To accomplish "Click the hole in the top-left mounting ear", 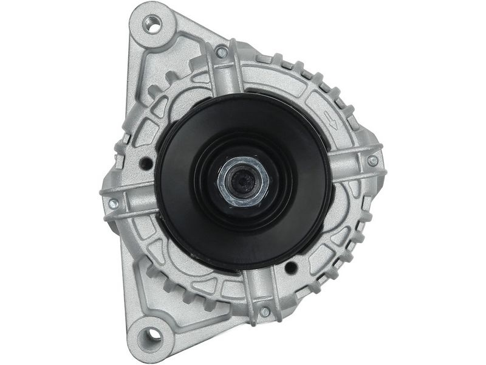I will [x=153, y=25].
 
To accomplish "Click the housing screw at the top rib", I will [x=222, y=52].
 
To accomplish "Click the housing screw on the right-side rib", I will [x=372, y=161].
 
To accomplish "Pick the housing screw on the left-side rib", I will [x=113, y=204].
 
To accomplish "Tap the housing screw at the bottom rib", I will [x=265, y=312].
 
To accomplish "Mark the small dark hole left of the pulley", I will [x=146, y=164].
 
